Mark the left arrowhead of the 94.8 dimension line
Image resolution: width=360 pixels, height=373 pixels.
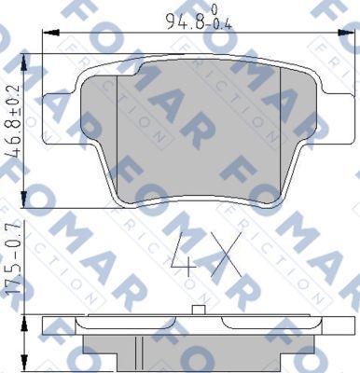pos(48,35)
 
